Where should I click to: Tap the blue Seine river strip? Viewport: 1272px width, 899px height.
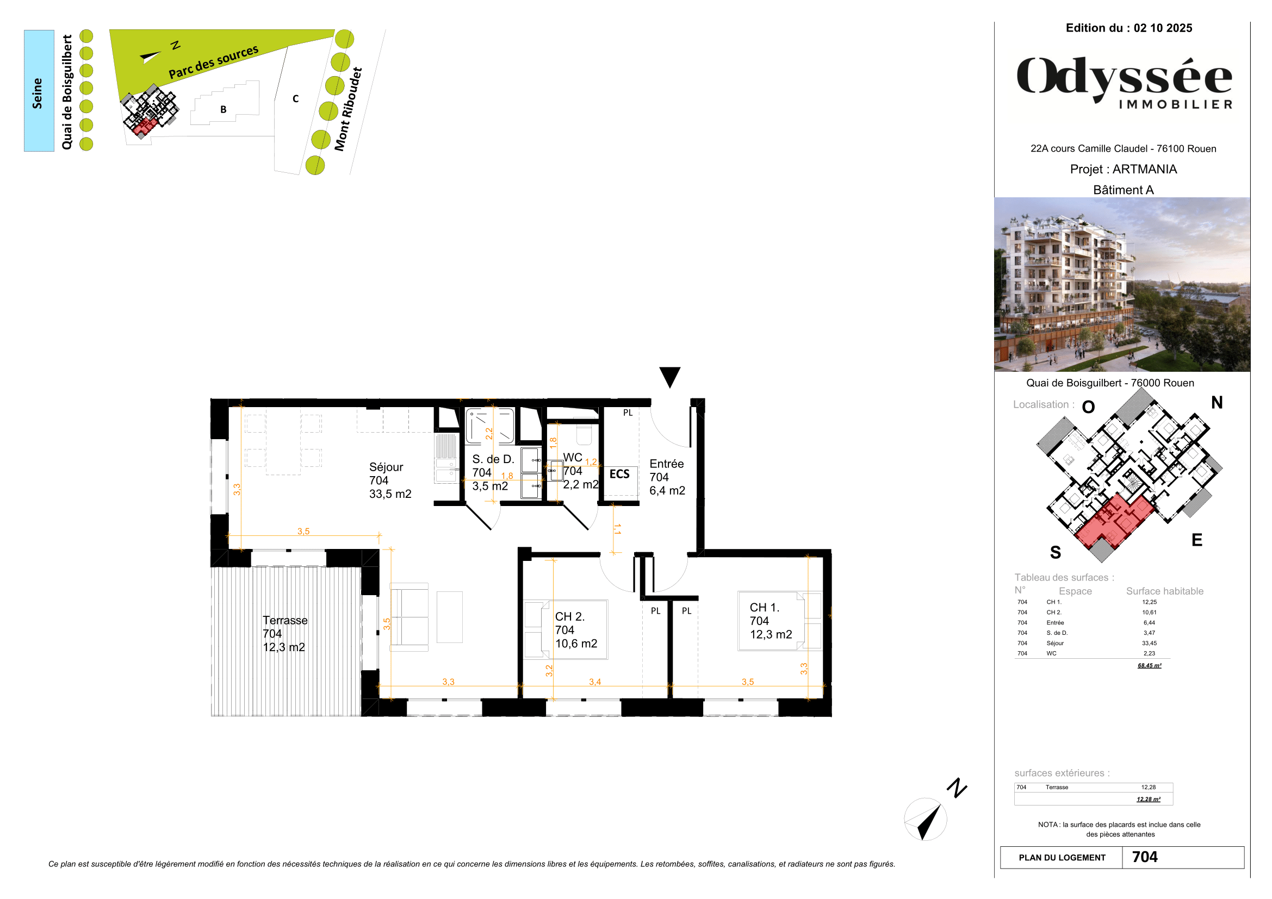click(39, 91)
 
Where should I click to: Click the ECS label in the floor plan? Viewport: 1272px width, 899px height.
click(619, 475)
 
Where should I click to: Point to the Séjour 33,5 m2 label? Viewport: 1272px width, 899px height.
click(390, 480)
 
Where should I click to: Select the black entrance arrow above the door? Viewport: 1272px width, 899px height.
click(670, 377)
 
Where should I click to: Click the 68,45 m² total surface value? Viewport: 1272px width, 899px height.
click(1150, 665)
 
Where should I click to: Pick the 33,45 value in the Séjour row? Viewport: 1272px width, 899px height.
click(1149, 643)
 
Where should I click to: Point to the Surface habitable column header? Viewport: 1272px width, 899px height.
click(1164, 591)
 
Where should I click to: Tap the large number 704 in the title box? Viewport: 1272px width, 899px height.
click(1145, 857)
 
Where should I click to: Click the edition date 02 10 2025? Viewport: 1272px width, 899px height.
click(1163, 28)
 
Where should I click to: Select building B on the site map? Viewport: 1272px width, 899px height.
click(224, 110)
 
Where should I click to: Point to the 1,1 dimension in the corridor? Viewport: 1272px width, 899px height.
click(617, 529)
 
